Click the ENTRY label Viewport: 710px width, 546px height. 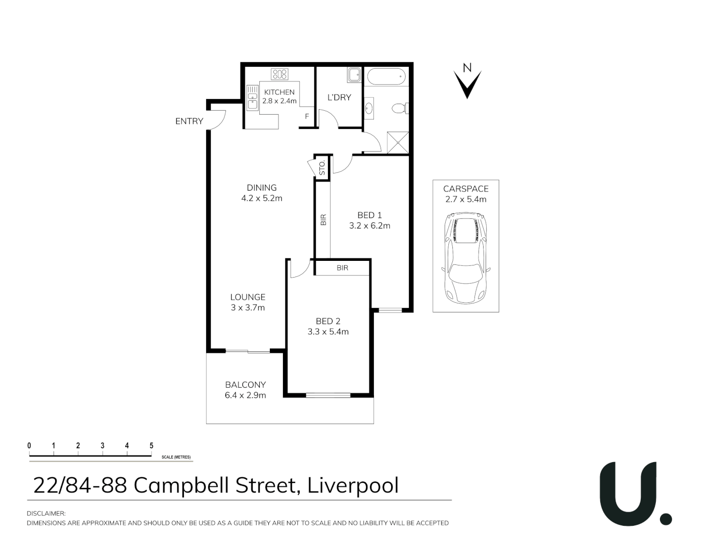[x=189, y=121]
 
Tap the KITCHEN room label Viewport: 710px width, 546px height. [x=279, y=92]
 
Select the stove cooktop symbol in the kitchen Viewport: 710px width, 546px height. [x=279, y=74]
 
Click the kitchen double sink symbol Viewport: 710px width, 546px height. [x=252, y=97]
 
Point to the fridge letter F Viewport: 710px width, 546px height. [x=307, y=116]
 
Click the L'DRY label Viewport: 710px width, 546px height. [x=339, y=97]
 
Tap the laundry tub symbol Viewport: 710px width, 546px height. [x=354, y=74]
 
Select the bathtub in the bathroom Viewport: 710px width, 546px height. [x=386, y=76]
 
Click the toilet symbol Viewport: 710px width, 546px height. [x=401, y=108]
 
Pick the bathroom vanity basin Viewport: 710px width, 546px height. [x=369, y=108]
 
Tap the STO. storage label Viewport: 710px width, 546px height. [x=322, y=167]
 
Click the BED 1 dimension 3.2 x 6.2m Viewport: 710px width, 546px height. [x=369, y=226]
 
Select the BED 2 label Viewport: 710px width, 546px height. [x=328, y=321]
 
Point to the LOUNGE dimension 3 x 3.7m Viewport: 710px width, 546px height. [x=248, y=307]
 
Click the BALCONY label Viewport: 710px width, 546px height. [x=246, y=385]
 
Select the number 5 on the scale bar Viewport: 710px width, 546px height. [x=151, y=445]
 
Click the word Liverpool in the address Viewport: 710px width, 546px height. [x=353, y=485]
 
